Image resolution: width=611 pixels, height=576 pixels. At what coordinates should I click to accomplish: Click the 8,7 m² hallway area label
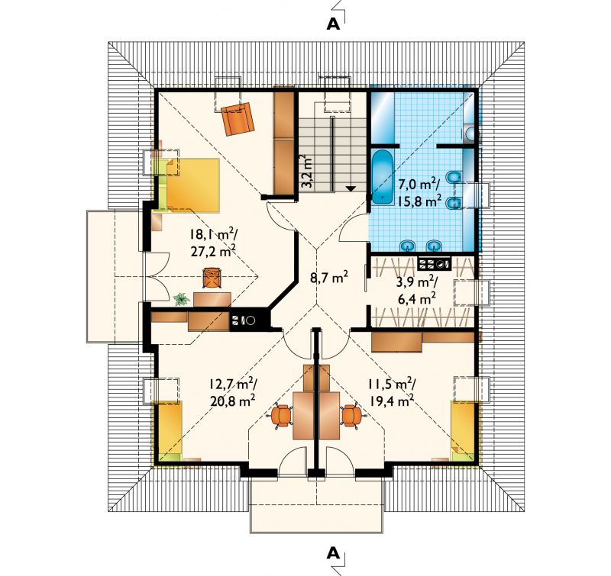pyautogui.click(x=329, y=278)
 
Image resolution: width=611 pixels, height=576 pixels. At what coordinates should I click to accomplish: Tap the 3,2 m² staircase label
pyautogui.click(x=306, y=172)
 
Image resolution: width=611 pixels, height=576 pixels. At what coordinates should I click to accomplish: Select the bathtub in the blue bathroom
pyautogui.click(x=382, y=177)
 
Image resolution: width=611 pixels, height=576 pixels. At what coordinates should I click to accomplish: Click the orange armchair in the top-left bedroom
pyautogui.click(x=238, y=118)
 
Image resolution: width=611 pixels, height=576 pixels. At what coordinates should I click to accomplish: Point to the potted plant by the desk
pyautogui.click(x=182, y=299)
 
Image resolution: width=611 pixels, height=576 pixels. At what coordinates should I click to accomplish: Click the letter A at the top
pyautogui.click(x=333, y=24)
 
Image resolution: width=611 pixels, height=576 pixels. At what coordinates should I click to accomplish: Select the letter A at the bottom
pyautogui.click(x=333, y=552)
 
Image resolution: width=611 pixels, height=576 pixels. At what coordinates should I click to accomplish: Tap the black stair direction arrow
pyautogui.click(x=351, y=188)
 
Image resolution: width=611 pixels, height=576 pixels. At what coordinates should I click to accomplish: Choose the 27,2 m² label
pyautogui.click(x=213, y=252)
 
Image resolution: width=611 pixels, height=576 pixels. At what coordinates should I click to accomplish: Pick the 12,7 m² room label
pyautogui.click(x=232, y=385)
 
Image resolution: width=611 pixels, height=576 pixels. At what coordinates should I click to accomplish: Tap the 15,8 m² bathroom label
pyautogui.click(x=419, y=201)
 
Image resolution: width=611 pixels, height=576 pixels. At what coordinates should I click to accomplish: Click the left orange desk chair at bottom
pyautogui.click(x=281, y=416)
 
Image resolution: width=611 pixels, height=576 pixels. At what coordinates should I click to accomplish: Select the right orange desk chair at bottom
pyautogui.click(x=352, y=416)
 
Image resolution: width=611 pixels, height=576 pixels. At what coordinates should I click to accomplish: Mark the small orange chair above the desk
pyautogui.click(x=212, y=278)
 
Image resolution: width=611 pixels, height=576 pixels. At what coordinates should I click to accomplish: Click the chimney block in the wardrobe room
pyautogui.click(x=435, y=264)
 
